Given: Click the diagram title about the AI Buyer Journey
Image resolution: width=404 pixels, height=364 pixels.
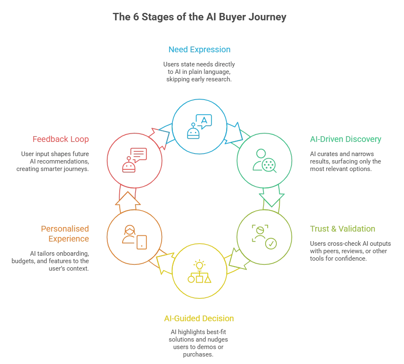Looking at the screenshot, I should pos(200,17).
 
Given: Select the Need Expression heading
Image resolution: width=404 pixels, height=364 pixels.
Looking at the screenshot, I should pos(200,49).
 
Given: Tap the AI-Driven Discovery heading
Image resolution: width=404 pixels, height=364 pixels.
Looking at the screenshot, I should pos(345,139).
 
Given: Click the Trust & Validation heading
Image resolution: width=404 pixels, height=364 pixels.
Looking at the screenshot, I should pos(342,229).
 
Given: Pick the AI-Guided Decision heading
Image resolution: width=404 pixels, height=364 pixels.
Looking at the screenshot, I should pos(199,318).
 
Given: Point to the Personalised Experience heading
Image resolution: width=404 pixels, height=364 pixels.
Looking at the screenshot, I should pos(65,234).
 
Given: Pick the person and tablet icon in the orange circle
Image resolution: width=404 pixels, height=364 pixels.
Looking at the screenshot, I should pos(134,237).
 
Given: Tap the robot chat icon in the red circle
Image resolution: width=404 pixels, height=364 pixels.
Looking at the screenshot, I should pos(134,160).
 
